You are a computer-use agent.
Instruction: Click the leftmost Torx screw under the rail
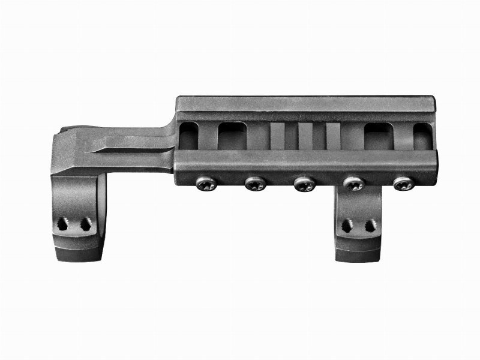click(205, 183)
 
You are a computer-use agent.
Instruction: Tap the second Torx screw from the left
click(254, 184)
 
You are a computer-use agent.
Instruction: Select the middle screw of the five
click(304, 184)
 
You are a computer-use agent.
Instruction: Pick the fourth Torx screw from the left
click(353, 184)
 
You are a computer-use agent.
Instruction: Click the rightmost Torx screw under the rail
click(403, 184)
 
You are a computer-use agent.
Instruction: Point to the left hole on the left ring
click(62, 225)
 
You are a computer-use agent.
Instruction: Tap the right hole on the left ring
click(85, 225)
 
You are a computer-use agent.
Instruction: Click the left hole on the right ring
click(347, 226)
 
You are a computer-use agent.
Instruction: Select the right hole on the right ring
click(370, 226)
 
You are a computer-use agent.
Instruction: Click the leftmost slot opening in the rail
click(188, 137)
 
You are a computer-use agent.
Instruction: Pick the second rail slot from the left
click(232, 136)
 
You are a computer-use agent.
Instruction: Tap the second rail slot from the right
click(378, 136)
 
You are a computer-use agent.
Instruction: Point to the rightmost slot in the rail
click(422, 136)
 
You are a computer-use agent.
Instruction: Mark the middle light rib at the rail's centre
click(305, 136)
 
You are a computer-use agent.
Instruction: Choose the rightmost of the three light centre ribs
click(333, 136)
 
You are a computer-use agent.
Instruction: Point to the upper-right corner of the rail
click(433, 98)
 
